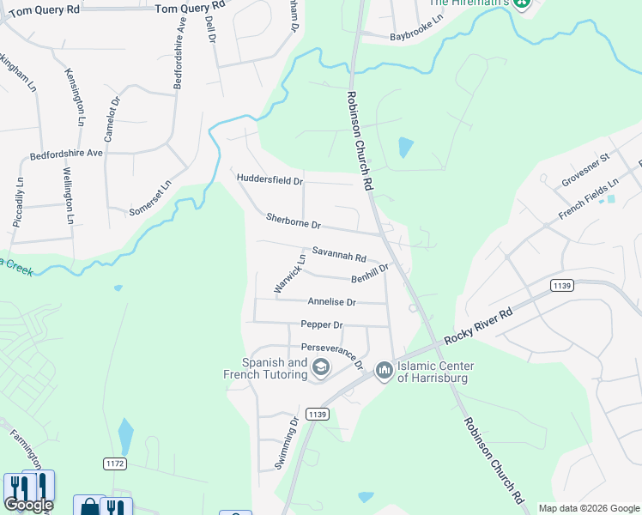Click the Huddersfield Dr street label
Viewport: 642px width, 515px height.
click(x=270, y=181)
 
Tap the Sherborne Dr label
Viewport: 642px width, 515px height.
click(x=293, y=221)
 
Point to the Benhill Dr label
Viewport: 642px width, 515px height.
click(x=370, y=273)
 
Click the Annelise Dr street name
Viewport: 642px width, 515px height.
click(x=330, y=301)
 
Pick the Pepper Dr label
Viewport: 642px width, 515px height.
click(x=322, y=324)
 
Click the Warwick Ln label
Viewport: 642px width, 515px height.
click(x=289, y=274)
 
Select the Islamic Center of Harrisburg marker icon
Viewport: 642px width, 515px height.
click(x=383, y=371)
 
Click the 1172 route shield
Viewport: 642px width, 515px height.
click(x=115, y=463)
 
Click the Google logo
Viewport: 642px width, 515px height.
click(x=28, y=505)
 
